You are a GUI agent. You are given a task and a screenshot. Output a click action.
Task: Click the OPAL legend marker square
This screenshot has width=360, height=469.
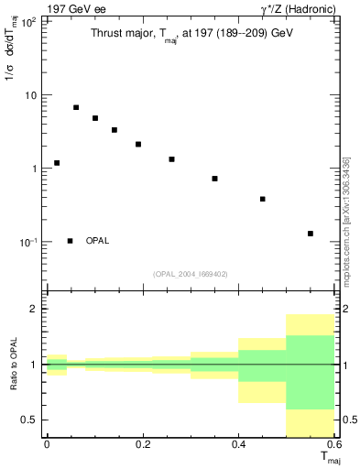click(71, 241)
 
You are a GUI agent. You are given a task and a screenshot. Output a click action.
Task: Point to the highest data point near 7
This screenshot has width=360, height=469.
click(76, 107)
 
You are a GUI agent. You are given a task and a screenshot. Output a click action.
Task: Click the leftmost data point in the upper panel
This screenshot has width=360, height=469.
click(57, 163)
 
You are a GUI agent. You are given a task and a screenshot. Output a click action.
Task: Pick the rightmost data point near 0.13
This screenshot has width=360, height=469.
click(311, 234)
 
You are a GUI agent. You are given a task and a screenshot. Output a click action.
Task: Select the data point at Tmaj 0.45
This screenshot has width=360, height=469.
click(263, 199)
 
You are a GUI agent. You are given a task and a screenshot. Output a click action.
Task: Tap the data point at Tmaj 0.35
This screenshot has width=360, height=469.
click(214, 179)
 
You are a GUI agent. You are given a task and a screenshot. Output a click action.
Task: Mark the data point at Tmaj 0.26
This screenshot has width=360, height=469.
click(171, 159)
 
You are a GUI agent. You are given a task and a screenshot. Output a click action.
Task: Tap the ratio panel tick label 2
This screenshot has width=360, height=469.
click(34, 310)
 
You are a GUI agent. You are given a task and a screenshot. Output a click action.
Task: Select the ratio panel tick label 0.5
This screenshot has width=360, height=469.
click(29, 420)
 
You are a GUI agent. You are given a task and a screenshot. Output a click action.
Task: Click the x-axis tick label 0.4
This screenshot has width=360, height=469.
click(238, 444)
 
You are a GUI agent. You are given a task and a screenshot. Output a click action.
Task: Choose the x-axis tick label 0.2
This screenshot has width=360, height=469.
click(142, 444)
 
